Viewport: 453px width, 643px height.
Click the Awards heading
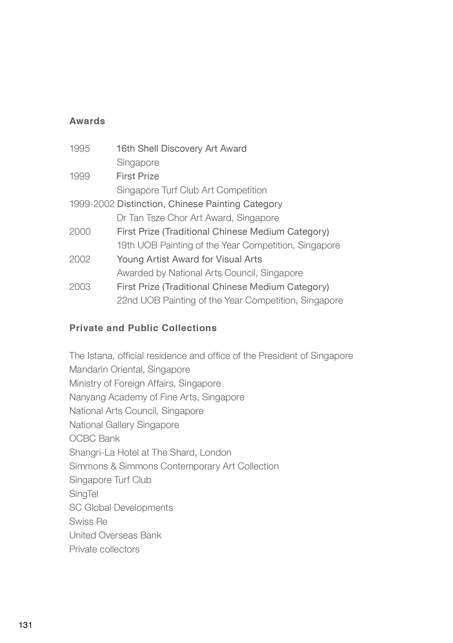tap(87, 121)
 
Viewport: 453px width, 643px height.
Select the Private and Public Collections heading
tap(143, 328)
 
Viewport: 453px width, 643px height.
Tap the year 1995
tap(80, 148)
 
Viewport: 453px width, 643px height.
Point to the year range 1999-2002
tap(92, 204)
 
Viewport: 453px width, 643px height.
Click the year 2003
tap(80, 287)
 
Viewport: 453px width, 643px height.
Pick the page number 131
tap(25, 625)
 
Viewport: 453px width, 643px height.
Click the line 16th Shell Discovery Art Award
tap(181, 148)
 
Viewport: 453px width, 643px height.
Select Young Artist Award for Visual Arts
tap(189, 259)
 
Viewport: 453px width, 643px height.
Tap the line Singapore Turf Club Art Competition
tap(192, 190)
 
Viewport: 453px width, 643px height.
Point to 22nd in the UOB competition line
tap(127, 300)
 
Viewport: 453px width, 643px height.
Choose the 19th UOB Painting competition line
tap(228, 245)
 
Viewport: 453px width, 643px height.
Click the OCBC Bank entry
tap(94, 438)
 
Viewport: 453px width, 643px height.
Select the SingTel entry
tap(84, 494)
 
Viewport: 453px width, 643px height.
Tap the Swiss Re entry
tap(88, 521)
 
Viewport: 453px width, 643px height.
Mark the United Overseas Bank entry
tap(115, 535)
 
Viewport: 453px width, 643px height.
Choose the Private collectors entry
tap(104, 549)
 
